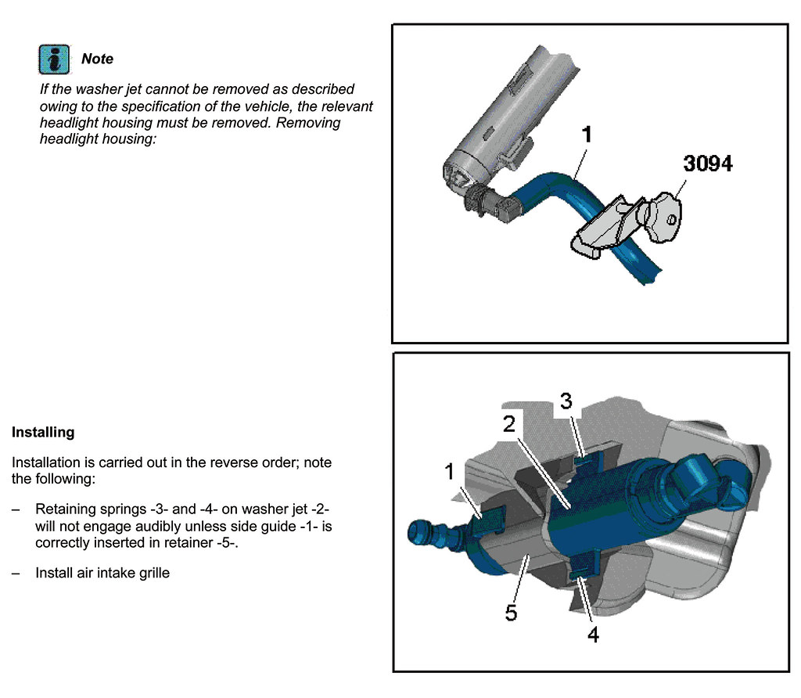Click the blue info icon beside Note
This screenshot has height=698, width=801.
(x=54, y=59)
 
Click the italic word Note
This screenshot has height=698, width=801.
(x=97, y=59)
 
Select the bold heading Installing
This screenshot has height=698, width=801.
(x=43, y=432)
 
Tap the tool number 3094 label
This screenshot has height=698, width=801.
(x=707, y=164)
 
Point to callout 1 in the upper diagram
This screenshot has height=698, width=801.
(x=587, y=135)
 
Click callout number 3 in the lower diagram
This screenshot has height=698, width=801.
(x=566, y=401)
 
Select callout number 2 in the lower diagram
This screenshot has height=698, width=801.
(x=509, y=424)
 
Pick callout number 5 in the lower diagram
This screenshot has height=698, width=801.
(x=512, y=613)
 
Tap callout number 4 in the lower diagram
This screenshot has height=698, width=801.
(x=593, y=635)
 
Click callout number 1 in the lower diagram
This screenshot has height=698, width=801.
(x=450, y=472)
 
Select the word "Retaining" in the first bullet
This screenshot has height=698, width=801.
(x=66, y=509)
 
